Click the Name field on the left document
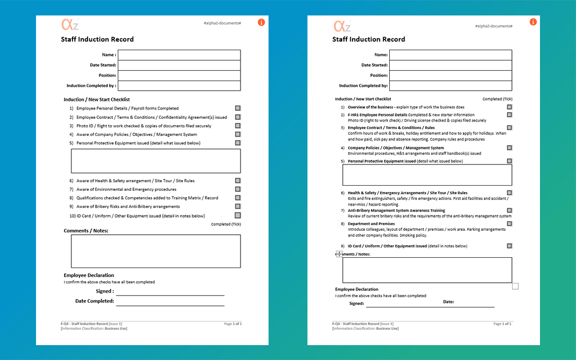click(179, 55)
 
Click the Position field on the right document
click(450, 75)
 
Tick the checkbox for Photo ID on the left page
click(238, 126)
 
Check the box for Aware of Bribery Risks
click(238, 206)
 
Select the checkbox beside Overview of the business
click(509, 107)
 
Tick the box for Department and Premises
click(509, 224)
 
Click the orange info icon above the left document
click(261, 22)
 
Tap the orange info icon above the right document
click(533, 22)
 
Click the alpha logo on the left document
click(70, 25)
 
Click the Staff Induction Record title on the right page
click(369, 39)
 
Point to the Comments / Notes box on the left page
click(155, 251)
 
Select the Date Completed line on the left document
click(170, 303)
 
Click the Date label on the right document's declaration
click(449, 302)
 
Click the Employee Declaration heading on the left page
click(89, 275)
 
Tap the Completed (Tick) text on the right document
click(497, 99)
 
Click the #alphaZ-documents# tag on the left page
click(222, 23)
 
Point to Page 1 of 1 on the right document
click(502, 323)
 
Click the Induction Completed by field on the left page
click(179, 86)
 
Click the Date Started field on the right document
click(450, 65)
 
